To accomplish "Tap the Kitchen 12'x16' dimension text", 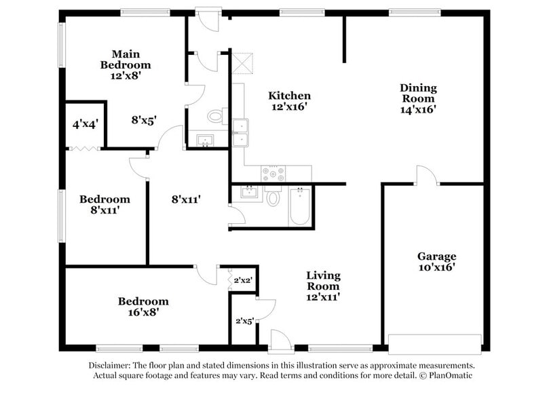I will click(x=289, y=107).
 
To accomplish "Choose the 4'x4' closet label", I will click(x=86, y=124).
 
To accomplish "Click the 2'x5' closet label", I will click(x=244, y=321).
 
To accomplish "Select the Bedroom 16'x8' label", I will click(x=143, y=307).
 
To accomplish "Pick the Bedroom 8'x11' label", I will click(x=105, y=205).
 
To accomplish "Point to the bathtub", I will click(x=299, y=207).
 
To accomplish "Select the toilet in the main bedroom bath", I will click(x=215, y=116).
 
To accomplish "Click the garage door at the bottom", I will click(x=435, y=340).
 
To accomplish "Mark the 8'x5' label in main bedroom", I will click(x=144, y=120).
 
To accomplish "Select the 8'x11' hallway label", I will click(x=186, y=199).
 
